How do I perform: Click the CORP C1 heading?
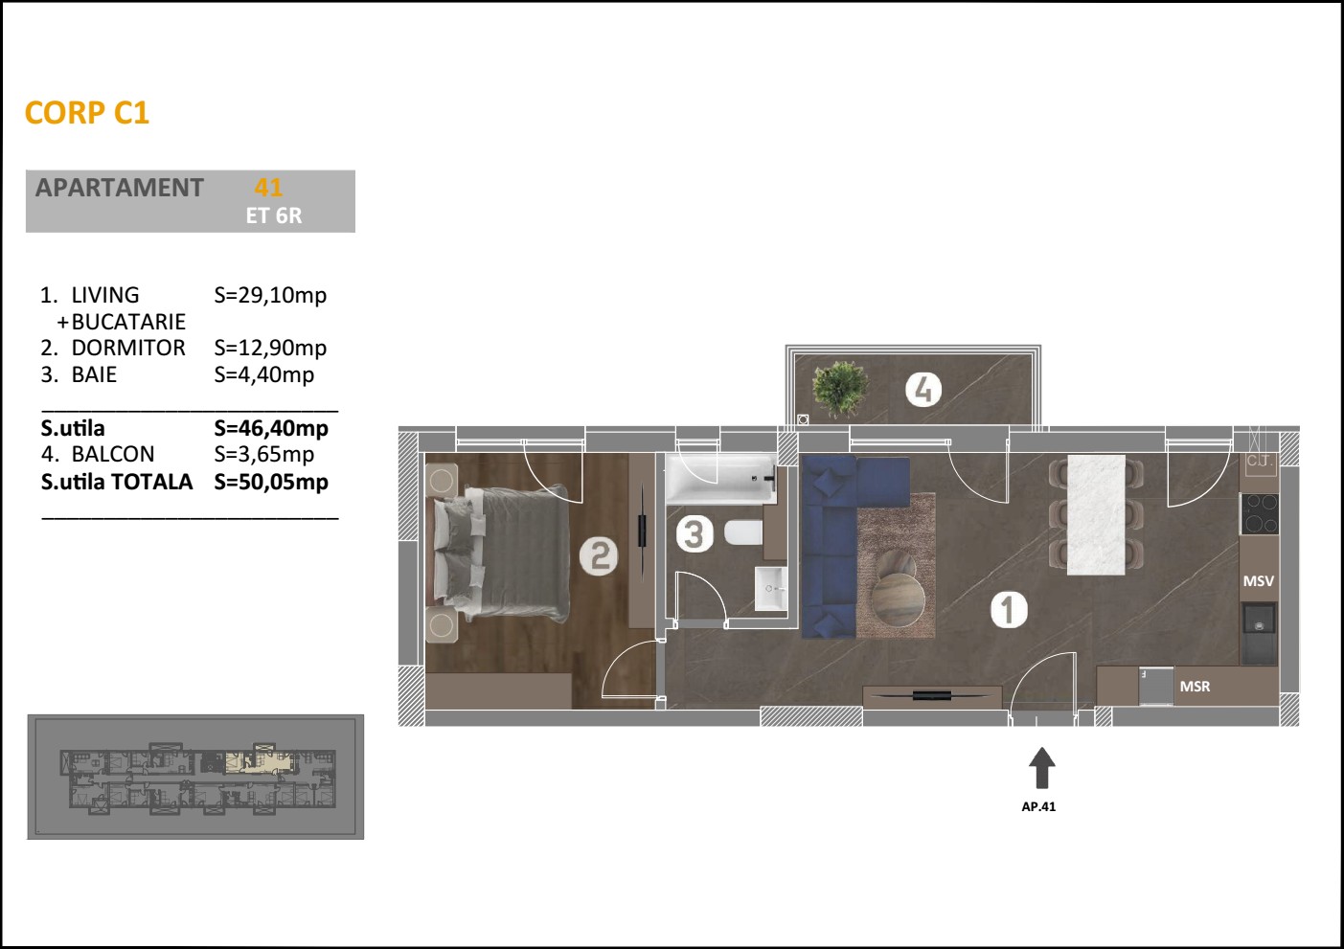pos(86,113)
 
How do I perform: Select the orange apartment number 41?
pos(268,188)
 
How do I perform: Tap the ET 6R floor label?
pos(274,216)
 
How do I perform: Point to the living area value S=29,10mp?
pos(270,295)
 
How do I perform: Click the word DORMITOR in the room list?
pos(128,348)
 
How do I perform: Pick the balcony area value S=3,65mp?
pos(264,454)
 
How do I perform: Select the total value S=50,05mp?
pos(271,482)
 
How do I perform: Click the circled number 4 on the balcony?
pos(923,390)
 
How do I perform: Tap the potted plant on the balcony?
pos(840,388)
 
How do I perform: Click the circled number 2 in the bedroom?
pos(599,556)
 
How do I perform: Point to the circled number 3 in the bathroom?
pos(695,534)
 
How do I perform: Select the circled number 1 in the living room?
pos(1009,610)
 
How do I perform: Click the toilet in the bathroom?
pos(743,532)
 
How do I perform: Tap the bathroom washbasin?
pos(770,589)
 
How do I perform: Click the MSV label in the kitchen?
pos(1258,580)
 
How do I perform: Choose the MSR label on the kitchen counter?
pos(1195,687)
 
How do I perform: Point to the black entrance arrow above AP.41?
pos(1041,768)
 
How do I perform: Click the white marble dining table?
pos(1096,514)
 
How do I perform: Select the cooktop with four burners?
pos(1260,513)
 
